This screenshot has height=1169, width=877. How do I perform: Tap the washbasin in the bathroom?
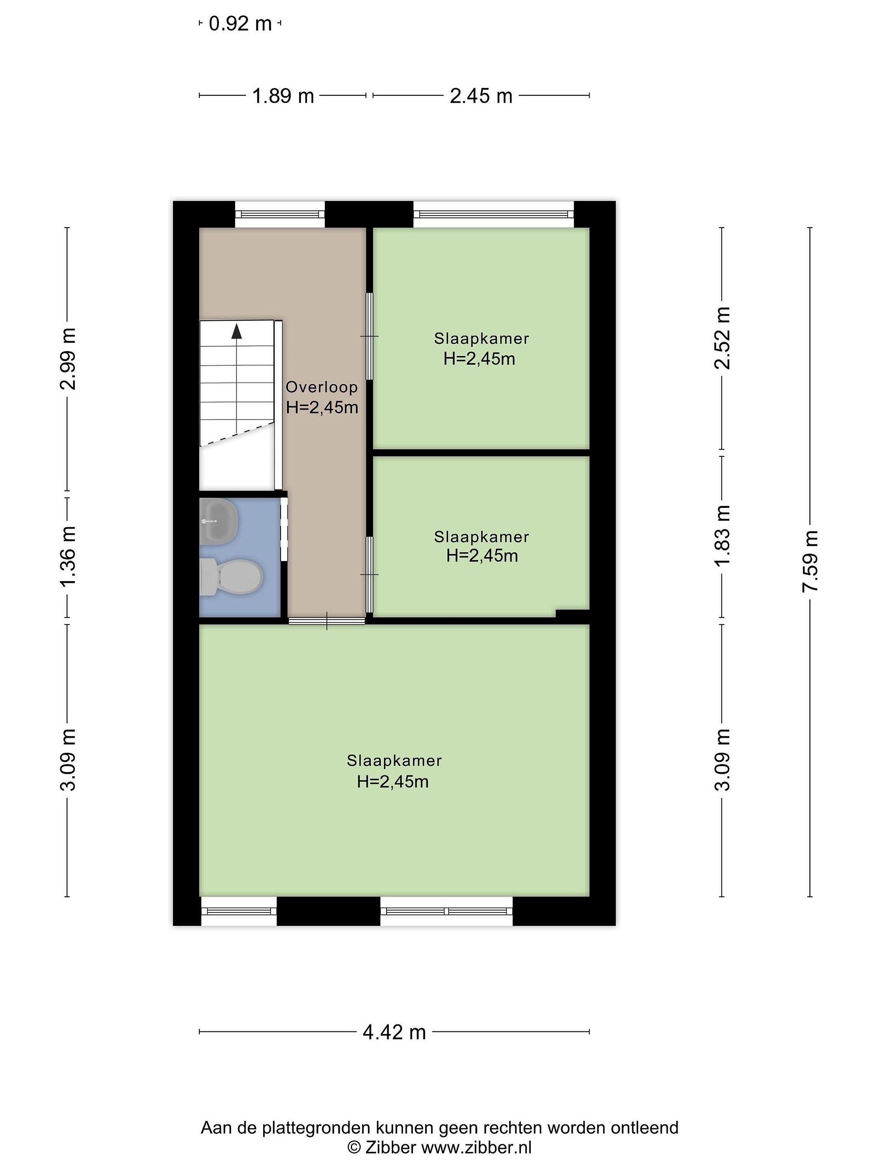(x=219, y=521)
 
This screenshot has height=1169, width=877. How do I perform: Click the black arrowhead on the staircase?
(x=236, y=331)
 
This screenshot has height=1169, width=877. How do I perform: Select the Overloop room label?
(x=322, y=387)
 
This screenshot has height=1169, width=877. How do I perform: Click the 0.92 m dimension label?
(x=240, y=24)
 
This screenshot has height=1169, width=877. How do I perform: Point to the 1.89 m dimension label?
(x=283, y=96)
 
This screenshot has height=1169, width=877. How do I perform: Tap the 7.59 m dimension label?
(x=810, y=561)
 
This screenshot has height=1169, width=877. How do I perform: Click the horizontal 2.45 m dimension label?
(x=481, y=96)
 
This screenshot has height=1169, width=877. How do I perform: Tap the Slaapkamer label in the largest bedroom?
(x=394, y=761)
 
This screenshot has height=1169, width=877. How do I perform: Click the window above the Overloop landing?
(x=280, y=214)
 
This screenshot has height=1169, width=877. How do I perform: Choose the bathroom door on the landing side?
(x=284, y=530)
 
